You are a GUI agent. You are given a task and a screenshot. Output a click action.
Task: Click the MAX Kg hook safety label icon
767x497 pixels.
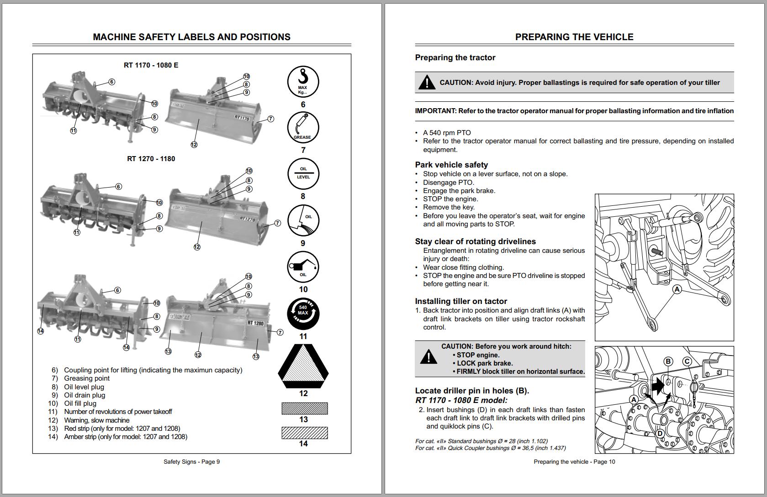[x=303, y=82]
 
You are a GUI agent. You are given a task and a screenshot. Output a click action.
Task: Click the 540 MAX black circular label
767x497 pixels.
[x=303, y=314]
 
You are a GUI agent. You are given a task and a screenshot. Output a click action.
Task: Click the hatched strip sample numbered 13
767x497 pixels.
[x=305, y=408]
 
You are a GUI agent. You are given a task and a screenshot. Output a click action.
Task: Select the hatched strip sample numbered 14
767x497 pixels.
[x=305, y=433]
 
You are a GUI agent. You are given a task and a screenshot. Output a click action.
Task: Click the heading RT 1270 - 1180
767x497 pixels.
[x=151, y=159]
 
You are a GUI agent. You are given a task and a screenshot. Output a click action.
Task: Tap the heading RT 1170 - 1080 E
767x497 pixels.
[x=151, y=65]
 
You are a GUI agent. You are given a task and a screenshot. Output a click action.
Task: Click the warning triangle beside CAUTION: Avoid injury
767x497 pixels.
[x=427, y=83]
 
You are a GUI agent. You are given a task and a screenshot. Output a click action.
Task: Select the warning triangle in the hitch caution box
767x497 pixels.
[x=428, y=357]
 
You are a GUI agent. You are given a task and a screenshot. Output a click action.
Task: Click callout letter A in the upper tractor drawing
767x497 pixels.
[x=677, y=289]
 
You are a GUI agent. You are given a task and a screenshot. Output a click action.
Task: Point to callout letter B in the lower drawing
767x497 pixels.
[x=668, y=361]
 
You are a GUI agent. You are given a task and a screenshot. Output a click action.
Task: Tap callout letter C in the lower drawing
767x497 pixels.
[x=687, y=361]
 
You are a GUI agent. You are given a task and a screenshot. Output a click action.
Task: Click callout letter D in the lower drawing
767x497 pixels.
[x=660, y=433]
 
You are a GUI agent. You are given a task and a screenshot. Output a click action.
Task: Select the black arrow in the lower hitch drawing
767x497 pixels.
[x=657, y=387]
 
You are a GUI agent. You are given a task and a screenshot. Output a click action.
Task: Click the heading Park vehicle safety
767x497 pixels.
[x=451, y=165]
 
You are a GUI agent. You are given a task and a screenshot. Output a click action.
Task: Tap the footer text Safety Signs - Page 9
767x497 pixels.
[x=191, y=462]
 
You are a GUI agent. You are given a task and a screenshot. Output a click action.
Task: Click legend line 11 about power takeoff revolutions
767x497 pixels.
[x=118, y=412]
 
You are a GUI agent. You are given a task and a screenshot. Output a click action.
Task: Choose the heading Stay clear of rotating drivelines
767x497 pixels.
[x=475, y=241]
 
